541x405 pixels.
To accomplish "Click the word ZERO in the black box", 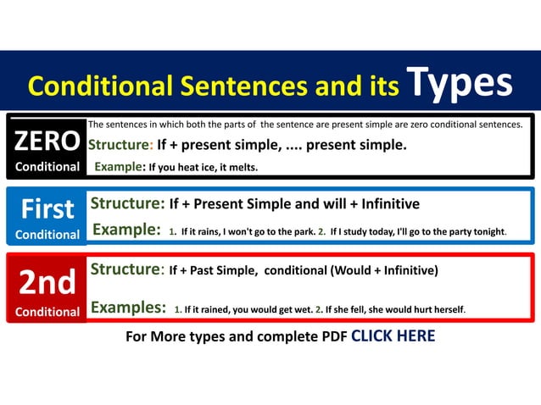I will pos(47,141).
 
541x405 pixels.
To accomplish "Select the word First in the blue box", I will pos(47,208).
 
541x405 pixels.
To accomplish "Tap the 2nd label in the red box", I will pos(47,283).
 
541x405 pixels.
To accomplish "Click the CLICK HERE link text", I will pos(393,336).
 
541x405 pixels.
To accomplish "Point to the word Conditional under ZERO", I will pos(47,167).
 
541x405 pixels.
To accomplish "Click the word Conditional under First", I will pos(47,234).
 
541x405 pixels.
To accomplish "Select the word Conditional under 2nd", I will pos(47,311).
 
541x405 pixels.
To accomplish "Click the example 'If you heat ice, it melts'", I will pos(203,168).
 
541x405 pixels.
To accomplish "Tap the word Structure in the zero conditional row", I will pos(120,145).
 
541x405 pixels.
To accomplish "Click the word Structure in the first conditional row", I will pos(127,204).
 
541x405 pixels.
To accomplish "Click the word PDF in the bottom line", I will pos(332,336).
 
